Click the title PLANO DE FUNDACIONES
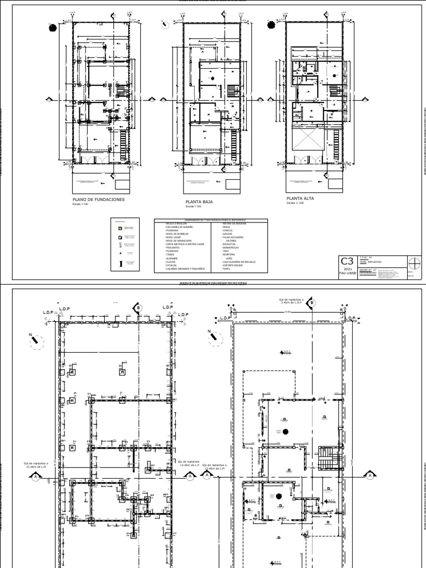[98, 199]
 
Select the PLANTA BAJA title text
[199, 202]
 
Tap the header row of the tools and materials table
[210, 221]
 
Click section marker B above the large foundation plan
[136, 306]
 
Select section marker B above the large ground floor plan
[312, 303]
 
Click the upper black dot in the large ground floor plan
[286, 431]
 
